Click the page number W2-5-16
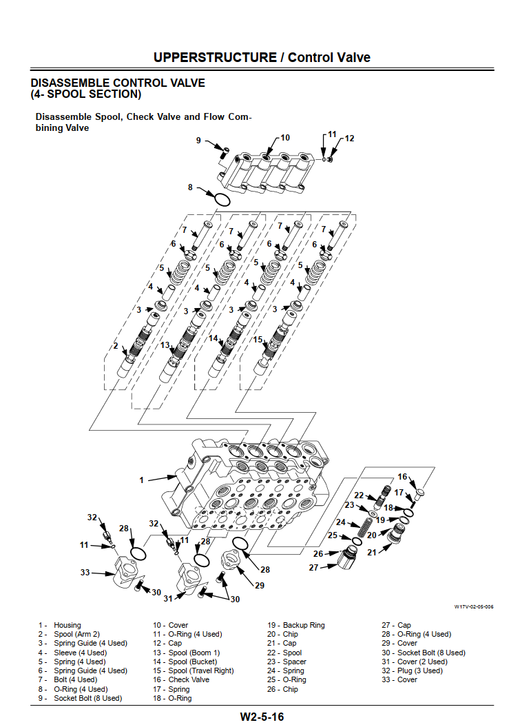[x=262, y=717]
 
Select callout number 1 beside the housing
[x=142, y=480]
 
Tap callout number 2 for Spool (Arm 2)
[x=116, y=346]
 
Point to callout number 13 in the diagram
[x=165, y=345]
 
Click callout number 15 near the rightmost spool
[x=258, y=339]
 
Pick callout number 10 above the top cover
[x=285, y=137]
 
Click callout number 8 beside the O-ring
[x=191, y=187]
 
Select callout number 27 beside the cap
[x=313, y=567]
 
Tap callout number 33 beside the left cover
[x=85, y=572]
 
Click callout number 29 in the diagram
[x=260, y=585]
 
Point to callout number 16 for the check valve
[x=402, y=477]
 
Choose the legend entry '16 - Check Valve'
[x=180, y=679]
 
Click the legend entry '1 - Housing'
[x=60, y=625]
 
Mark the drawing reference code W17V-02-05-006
[x=474, y=607]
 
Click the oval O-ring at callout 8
[x=221, y=200]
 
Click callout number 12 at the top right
[x=349, y=139]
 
